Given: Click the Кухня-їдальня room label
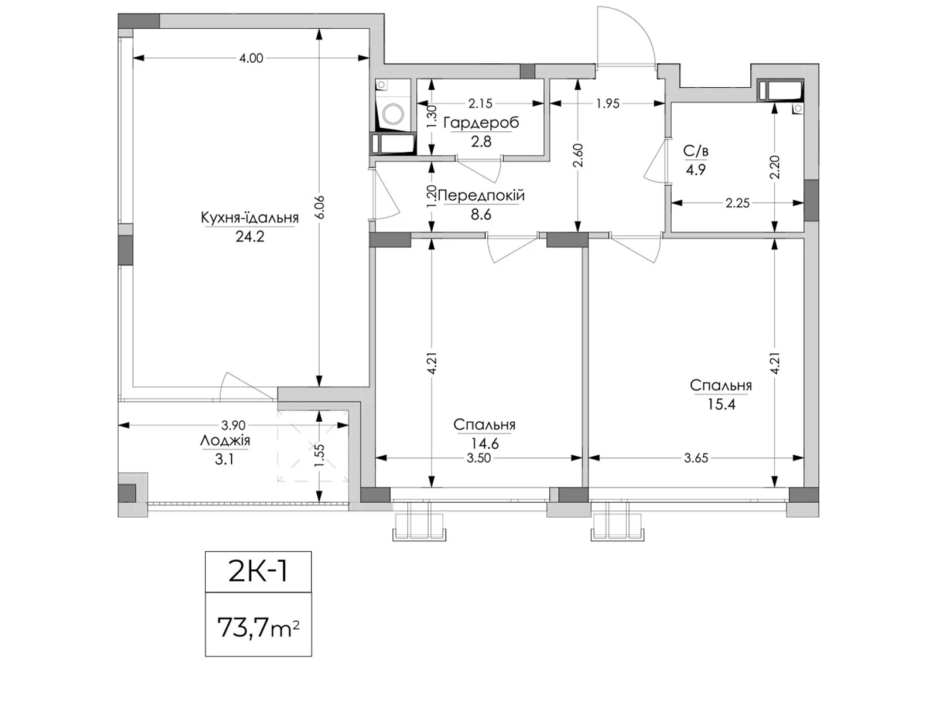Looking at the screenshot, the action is [249, 218].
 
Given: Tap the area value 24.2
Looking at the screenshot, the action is [249, 237].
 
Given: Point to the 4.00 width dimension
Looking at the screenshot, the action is [251, 59].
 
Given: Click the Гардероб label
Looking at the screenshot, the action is [481, 123].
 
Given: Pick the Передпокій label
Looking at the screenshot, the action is [481, 196].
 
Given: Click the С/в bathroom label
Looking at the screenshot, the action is [696, 151].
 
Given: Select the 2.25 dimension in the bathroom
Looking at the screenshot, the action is [738, 203].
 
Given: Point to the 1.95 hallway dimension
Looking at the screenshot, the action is [607, 103].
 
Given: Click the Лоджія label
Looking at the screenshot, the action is [225, 441].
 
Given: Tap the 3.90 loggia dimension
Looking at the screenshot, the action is [234, 425].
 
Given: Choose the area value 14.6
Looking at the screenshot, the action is [484, 444].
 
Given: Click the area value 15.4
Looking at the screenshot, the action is [721, 404].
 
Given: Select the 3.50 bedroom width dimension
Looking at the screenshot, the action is [479, 459].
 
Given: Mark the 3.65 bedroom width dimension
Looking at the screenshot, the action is [696, 459].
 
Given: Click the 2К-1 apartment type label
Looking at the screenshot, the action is [258, 572].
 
